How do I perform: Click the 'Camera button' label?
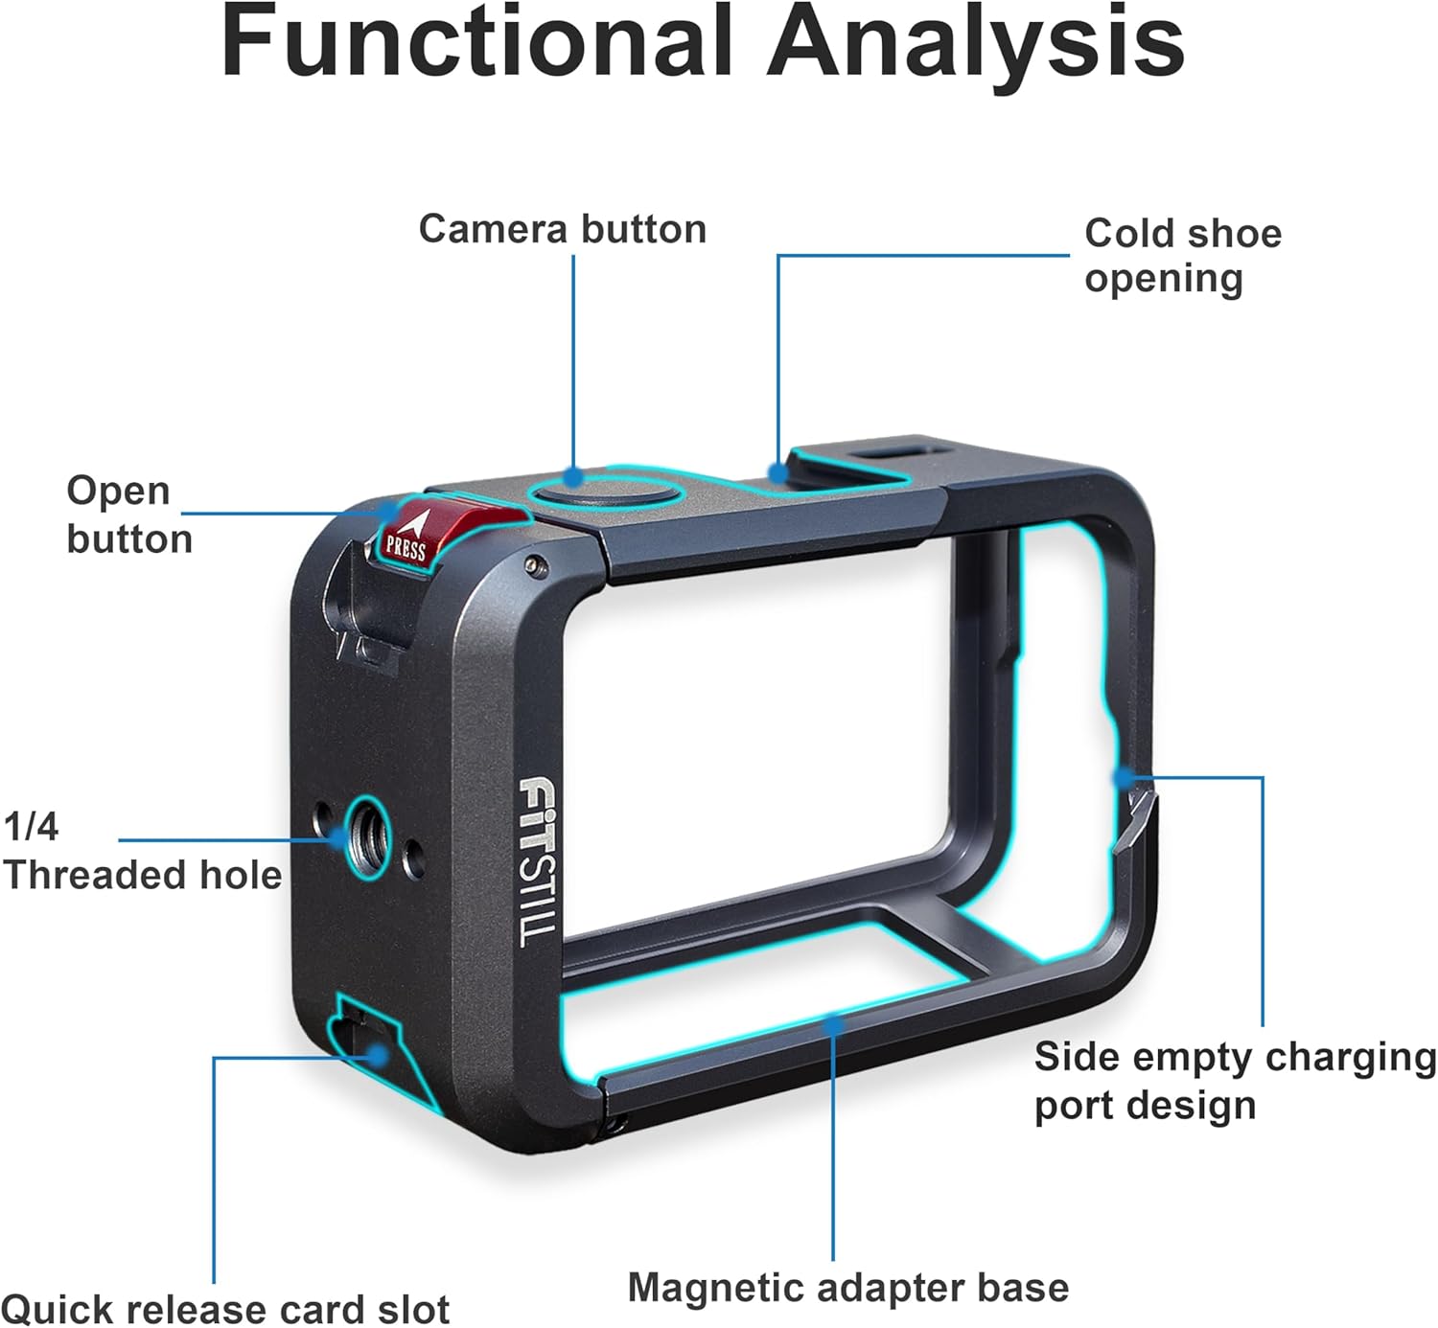563,229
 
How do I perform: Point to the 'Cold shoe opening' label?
1182,256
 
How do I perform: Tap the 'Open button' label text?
128,515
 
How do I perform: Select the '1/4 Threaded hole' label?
142,851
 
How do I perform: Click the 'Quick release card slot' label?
225,1308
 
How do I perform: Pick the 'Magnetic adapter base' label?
847,1287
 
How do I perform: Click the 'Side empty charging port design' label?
1235,1081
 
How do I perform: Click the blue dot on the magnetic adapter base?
834,1024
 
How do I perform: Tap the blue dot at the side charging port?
1123,777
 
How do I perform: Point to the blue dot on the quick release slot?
379,1056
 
